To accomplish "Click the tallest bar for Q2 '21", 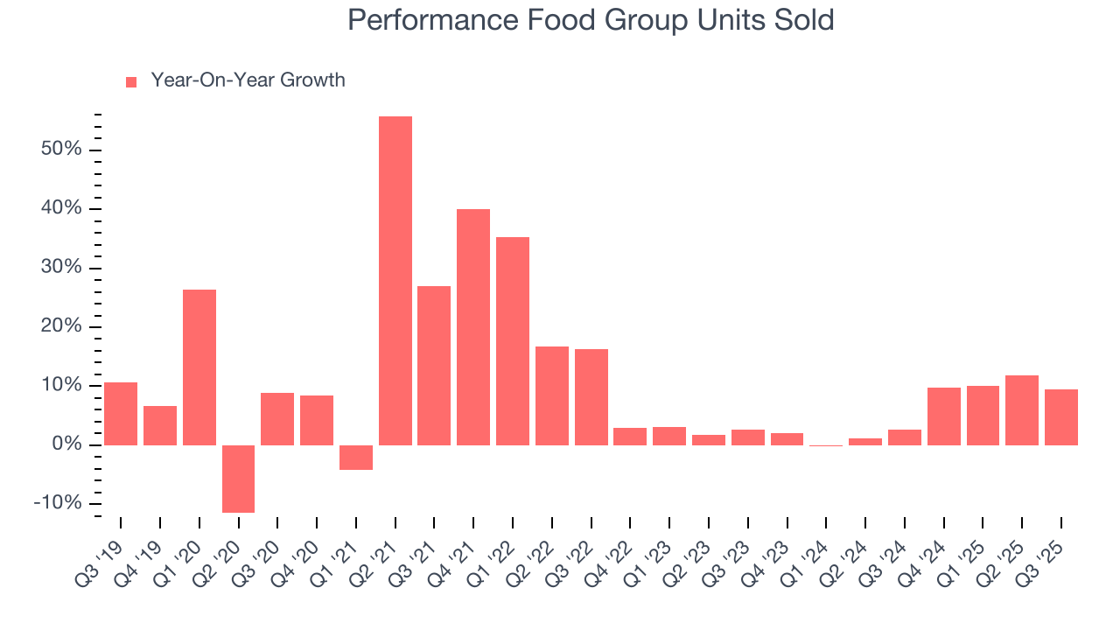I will (x=395, y=280).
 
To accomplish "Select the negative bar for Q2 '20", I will (x=238, y=479).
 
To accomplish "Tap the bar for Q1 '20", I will (x=199, y=367).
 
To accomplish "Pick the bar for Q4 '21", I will (x=473, y=326).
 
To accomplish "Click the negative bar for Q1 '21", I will (x=356, y=457).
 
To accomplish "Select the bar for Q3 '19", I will (x=121, y=413).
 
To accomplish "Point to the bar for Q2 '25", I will (x=1022, y=409).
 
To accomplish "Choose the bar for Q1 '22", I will (x=513, y=340).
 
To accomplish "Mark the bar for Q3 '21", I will (x=434, y=365).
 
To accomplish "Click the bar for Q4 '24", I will (x=944, y=416).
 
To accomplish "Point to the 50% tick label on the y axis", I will (x=61, y=150).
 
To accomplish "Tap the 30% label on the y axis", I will (x=61, y=268).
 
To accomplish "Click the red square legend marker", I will (x=131, y=81).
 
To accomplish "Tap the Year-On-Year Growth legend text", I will (x=248, y=80).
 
